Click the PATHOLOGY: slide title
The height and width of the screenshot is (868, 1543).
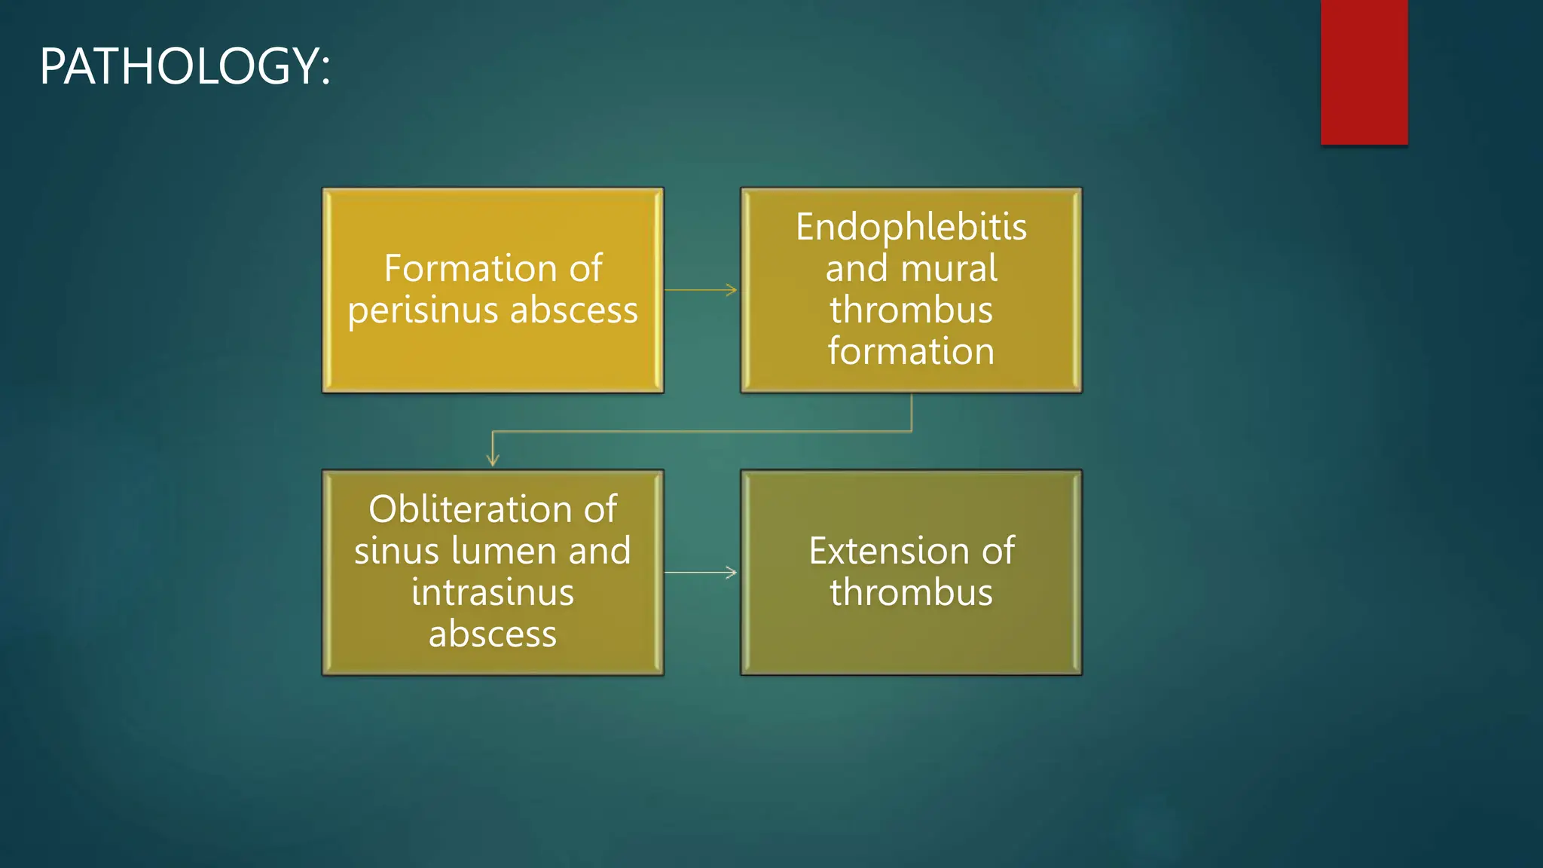(x=185, y=66)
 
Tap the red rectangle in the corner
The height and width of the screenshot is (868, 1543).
(x=1364, y=72)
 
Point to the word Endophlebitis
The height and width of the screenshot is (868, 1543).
(x=911, y=227)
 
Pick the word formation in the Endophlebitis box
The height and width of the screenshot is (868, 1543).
(x=911, y=351)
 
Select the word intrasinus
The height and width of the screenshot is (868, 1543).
(x=493, y=592)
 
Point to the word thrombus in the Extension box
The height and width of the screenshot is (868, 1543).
(x=911, y=592)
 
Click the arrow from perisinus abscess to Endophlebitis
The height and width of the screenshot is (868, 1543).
(x=701, y=290)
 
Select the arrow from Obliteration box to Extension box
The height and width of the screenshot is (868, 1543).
(x=701, y=573)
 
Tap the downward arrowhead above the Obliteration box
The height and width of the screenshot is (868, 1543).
(x=493, y=460)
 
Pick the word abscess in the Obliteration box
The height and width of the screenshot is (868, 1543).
(x=493, y=634)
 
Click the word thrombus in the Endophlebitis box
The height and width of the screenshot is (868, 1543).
(x=911, y=310)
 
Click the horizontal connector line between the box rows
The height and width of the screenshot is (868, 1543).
(x=701, y=432)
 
